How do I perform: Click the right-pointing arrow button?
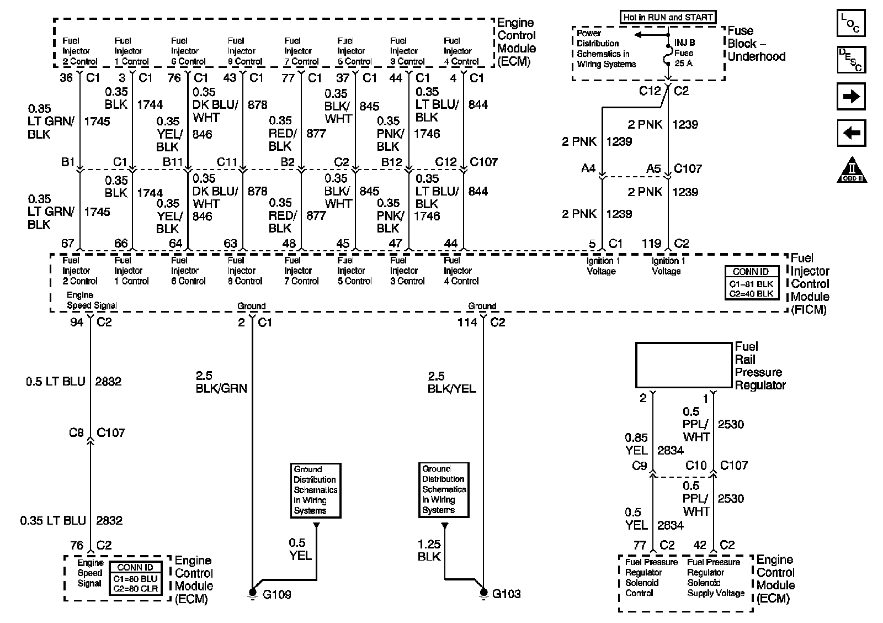click(851, 97)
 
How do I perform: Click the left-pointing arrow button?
click(851, 133)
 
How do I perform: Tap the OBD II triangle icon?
click(852, 170)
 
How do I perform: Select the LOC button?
click(851, 24)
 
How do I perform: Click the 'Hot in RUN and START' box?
click(668, 17)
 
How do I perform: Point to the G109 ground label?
click(276, 595)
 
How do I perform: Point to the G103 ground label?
click(506, 594)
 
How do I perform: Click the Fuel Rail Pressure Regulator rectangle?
click(683, 365)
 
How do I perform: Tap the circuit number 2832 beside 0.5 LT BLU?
click(108, 382)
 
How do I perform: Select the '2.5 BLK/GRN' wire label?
click(221, 382)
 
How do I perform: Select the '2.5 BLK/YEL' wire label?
click(451, 382)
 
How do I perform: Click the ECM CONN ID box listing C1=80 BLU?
click(135, 578)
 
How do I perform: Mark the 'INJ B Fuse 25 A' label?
click(684, 53)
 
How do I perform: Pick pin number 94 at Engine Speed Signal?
click(76, 322)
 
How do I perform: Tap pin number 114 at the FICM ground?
click(467, 322)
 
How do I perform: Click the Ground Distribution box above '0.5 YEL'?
click(315, 490)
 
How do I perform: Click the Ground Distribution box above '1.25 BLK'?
click(444, 489)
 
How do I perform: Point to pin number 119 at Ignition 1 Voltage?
click(651, 244)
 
